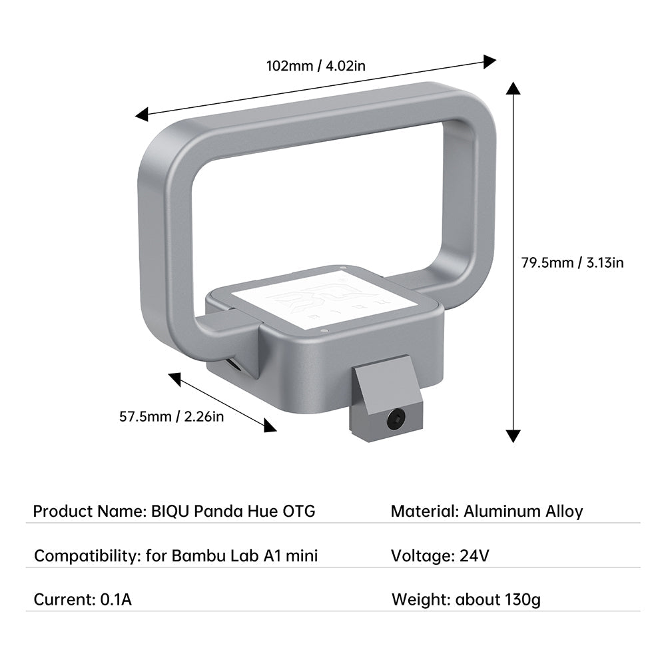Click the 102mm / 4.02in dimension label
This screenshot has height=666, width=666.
tap(316, 66)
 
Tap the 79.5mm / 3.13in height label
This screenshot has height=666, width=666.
tap(572, 262)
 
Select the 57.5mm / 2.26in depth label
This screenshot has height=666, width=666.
tap(171, 417)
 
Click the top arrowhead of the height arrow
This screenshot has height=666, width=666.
tap(513, 89)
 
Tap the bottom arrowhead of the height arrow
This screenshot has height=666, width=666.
tap(513, 436)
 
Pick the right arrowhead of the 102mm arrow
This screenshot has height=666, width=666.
tap(490, 61)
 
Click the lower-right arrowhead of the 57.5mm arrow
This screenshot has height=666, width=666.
tap(270, 426)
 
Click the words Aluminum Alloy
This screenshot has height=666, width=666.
tap(523, 511)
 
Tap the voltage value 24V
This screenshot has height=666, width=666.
tap(475, 555)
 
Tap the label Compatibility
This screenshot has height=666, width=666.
tap(87, 555)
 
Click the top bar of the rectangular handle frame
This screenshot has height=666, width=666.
tap(313, 107)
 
